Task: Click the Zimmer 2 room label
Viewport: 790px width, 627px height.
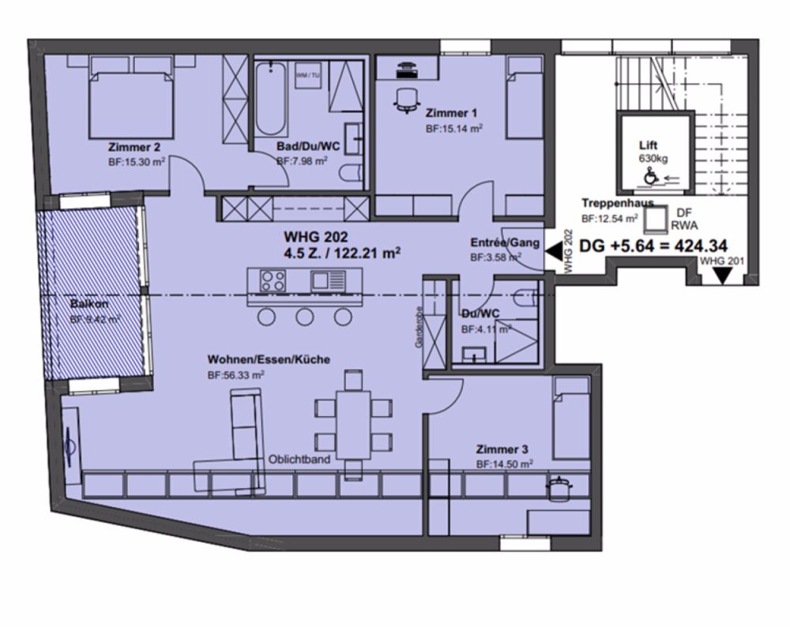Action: [x=135, y=146]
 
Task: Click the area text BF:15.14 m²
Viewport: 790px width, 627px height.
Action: [x=454, y=127]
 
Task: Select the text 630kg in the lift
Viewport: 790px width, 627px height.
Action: [x=653, y=158]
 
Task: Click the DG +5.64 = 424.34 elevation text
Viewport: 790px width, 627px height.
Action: [x=653, y=246]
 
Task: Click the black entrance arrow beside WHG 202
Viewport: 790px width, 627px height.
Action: [x=554, y=252]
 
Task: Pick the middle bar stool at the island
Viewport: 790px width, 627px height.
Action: [x=305, y=317]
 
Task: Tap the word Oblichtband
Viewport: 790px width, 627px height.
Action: [x=299, y=459]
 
